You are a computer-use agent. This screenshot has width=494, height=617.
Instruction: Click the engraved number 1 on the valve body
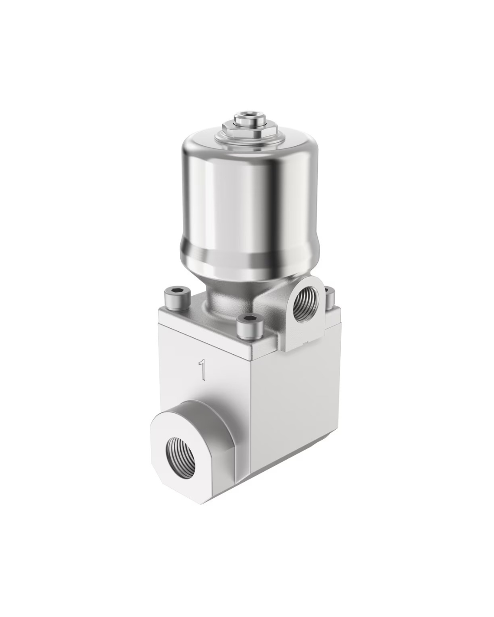click(x=203, y=370)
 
